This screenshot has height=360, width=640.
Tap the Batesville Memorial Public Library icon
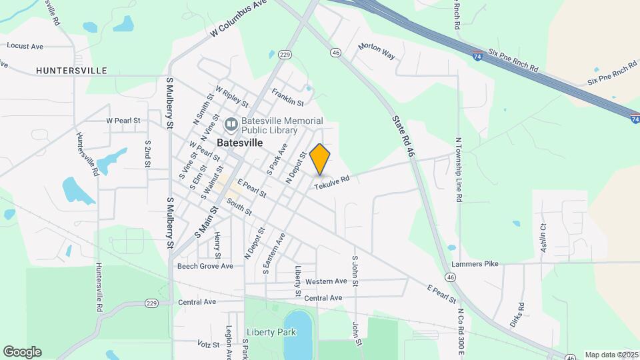[231, 124]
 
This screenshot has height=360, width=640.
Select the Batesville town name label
[239, 143]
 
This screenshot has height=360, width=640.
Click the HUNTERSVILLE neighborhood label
[71, 70]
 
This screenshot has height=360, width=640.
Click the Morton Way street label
[377, 51]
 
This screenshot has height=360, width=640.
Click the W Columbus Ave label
[238, 19]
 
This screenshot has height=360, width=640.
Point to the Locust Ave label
[25, 46]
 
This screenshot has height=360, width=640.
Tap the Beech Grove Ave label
[205, 266]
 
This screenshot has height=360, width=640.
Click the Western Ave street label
[326, 281]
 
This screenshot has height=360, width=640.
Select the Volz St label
[209, 345]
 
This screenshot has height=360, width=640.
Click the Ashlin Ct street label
[542, 238]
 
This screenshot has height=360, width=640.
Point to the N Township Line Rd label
[459, 170]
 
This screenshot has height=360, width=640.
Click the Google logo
[22, 352]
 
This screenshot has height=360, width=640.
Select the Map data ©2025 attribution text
[611, 355]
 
